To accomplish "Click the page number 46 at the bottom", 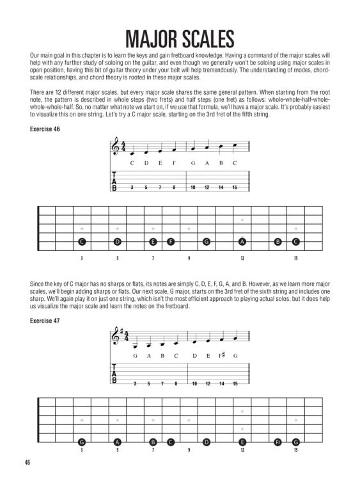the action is pos(26,463).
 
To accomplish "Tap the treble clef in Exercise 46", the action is pos(116,149).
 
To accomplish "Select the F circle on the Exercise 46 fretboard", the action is pos(171,242).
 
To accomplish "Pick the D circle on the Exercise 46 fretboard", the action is pos(118,242).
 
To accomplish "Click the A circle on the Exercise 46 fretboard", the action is pos(242,242).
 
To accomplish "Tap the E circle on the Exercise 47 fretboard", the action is pos(242,442).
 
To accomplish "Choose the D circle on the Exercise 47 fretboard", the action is pos(207,442).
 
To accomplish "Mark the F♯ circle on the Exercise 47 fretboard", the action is pos(278,442).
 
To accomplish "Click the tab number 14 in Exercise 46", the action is pos(221,187).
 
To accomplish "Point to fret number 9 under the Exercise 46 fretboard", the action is pos(189,258).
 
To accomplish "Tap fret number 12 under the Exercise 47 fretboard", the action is pos(242,450).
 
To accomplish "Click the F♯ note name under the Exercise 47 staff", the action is pos(221,355).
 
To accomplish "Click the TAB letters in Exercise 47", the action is pos(114,376).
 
